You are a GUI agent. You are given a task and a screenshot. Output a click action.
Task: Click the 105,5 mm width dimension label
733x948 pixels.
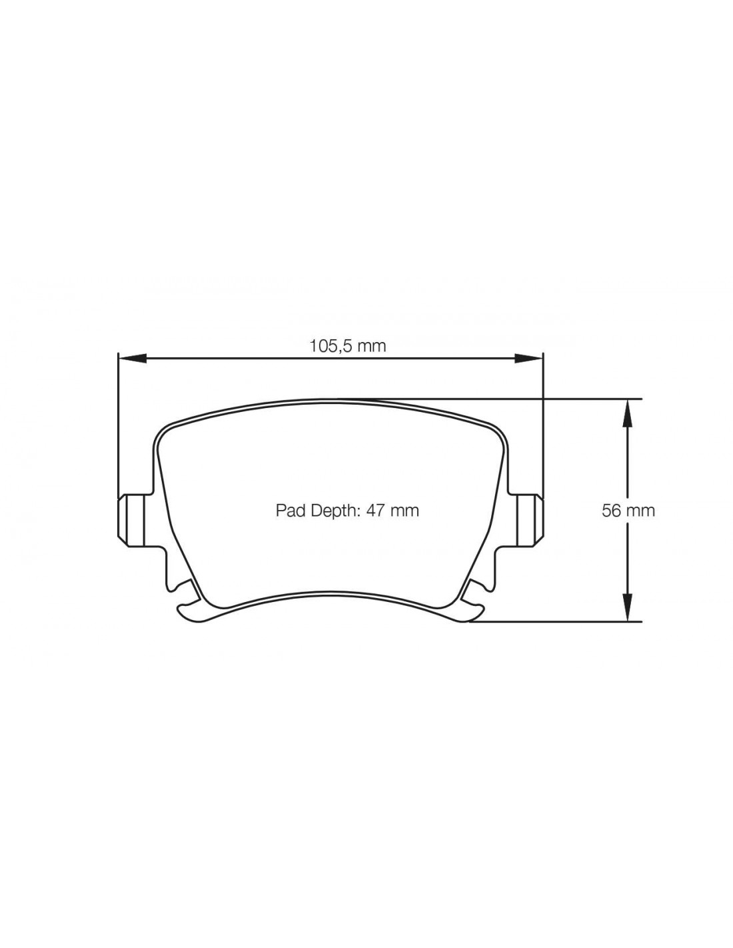point(348,346)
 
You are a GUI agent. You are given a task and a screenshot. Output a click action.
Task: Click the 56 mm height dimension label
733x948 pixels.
point(628,511)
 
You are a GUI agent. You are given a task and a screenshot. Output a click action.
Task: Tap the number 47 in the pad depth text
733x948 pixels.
point(375,510)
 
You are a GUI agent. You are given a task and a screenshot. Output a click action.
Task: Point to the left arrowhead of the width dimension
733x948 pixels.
point(132,358)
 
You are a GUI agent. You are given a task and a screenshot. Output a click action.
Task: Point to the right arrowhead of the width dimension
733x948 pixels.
point(529,358)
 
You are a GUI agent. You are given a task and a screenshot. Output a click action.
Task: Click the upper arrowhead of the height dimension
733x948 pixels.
point(626,413)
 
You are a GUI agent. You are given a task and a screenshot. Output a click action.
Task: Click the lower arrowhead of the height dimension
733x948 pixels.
point(626,607)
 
